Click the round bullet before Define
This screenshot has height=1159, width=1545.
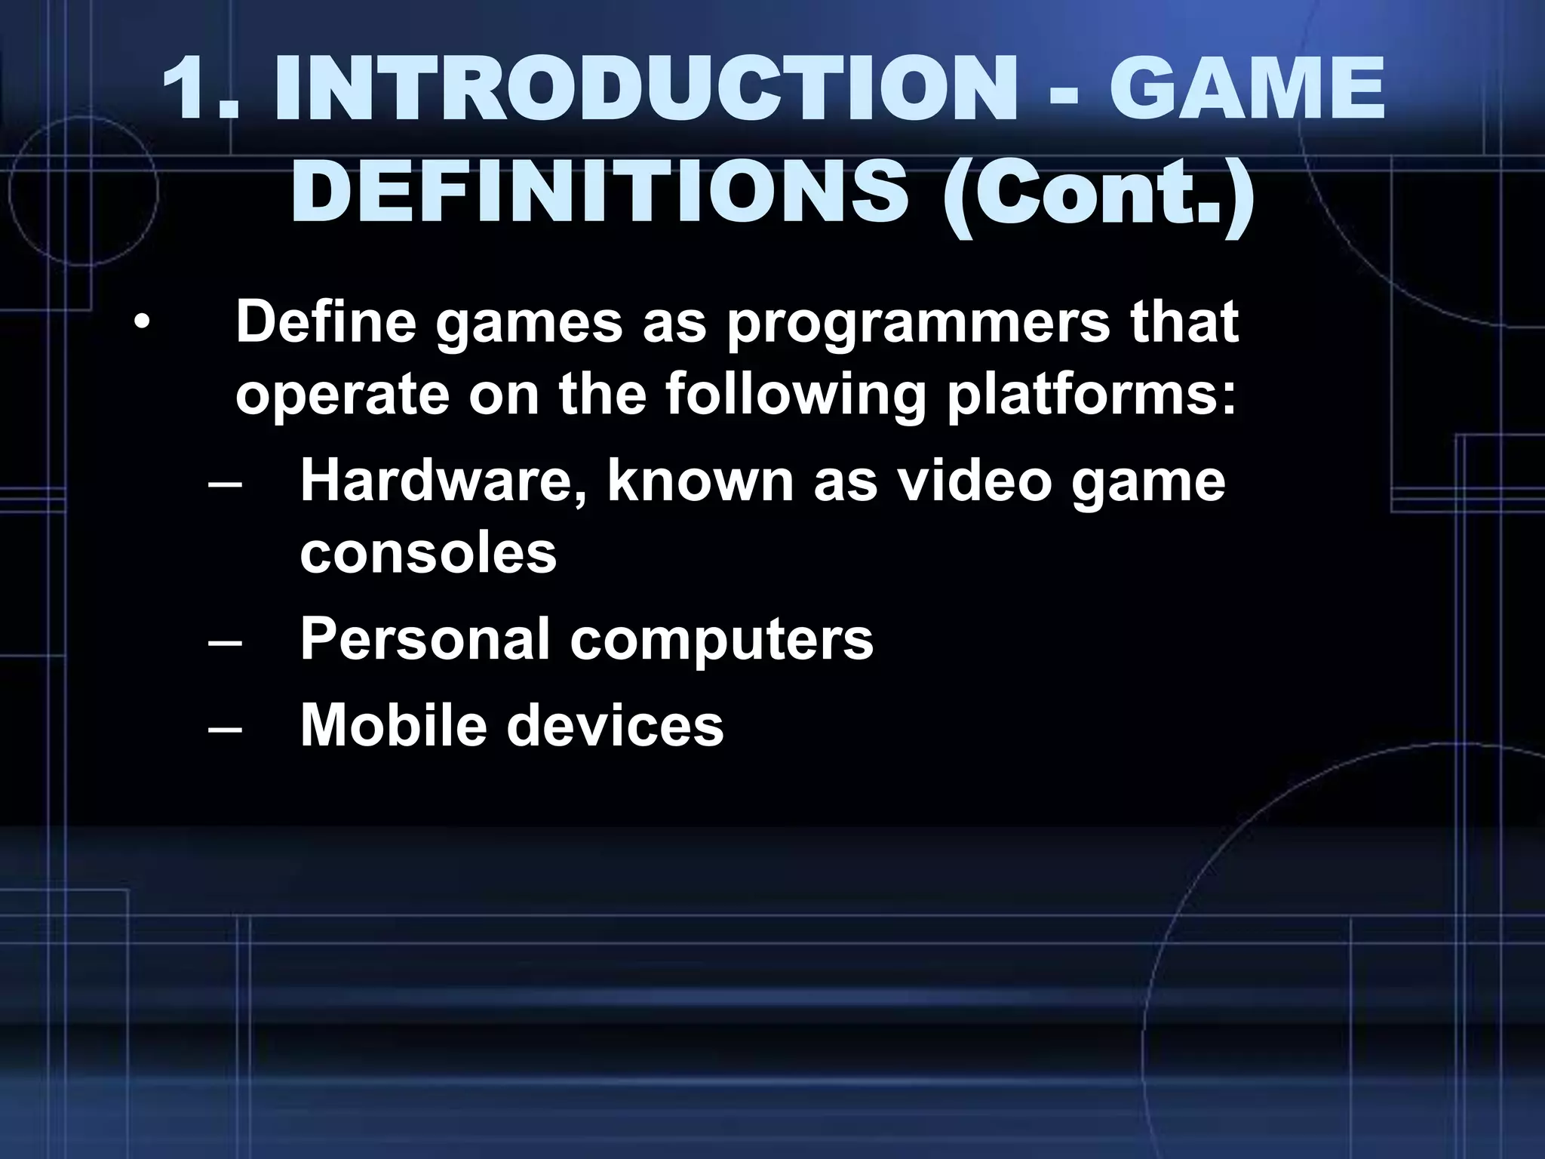[141, 324]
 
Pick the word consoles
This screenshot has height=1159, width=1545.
[428, 554]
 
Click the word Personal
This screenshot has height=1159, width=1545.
[425, 639]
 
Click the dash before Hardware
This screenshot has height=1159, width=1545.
[224, 483]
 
